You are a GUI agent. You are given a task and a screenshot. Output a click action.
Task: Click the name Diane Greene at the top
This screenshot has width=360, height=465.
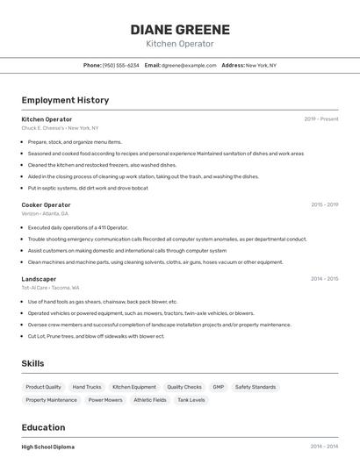180,29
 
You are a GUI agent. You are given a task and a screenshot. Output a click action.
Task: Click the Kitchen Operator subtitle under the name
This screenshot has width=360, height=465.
180,44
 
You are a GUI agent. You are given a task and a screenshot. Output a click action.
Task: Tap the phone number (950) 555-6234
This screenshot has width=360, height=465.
120,65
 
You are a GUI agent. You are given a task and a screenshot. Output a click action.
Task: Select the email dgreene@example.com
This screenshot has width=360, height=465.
189,65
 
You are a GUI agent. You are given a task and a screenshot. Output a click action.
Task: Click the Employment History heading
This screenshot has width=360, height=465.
65,100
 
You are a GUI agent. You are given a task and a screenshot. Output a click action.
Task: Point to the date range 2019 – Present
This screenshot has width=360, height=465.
321,118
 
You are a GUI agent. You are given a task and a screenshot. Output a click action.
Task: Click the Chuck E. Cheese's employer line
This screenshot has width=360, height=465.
60,127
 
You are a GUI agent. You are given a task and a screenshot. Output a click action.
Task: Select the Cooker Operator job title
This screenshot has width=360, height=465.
46,204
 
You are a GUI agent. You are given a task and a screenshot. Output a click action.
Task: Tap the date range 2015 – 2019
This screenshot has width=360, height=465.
324,204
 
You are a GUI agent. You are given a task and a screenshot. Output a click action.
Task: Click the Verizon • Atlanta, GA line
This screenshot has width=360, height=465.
45,213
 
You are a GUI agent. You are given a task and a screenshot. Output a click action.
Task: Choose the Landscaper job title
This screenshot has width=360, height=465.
39,279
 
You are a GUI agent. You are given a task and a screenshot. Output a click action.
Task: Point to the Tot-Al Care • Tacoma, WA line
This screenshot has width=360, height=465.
50,288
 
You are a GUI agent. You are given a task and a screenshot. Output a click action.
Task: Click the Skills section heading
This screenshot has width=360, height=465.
32,363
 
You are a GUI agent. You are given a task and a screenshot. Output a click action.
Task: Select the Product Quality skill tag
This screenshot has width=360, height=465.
43,387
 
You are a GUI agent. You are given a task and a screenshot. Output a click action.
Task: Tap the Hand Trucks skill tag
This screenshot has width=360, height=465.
87,387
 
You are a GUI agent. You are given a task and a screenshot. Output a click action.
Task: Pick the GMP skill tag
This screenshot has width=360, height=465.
218,387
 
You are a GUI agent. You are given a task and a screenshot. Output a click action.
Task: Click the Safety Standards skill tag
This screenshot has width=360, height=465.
256,387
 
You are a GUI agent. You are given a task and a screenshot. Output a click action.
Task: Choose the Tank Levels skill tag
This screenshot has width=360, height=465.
191,400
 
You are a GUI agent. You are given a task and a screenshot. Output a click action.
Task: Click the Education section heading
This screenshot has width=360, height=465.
45,427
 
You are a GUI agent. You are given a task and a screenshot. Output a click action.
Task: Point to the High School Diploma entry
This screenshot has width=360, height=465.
48,447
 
